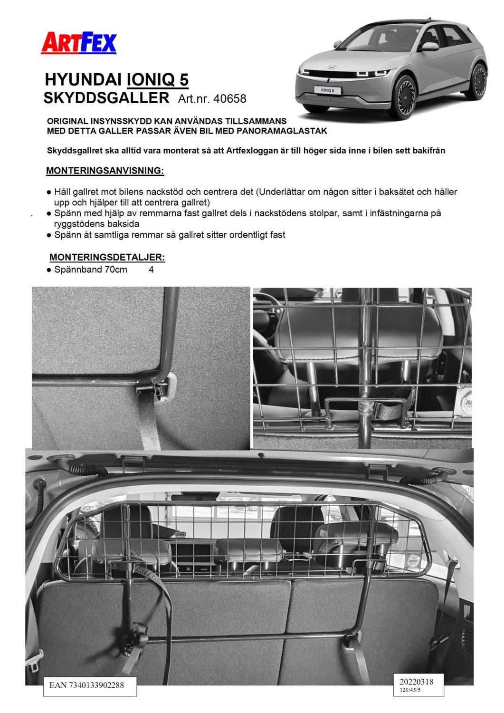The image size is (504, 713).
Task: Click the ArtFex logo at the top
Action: pos(79,43)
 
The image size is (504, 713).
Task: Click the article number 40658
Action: pos(230,98)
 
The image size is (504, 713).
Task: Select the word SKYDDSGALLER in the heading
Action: pos(106,97)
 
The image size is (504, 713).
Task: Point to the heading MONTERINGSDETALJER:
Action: pos(107,257)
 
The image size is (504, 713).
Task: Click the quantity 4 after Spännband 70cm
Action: pos(151,270)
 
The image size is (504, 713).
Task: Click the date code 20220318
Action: pos(413,682)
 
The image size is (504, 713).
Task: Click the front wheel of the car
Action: pos(409,91)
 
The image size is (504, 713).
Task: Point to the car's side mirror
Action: pos(430,47)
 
